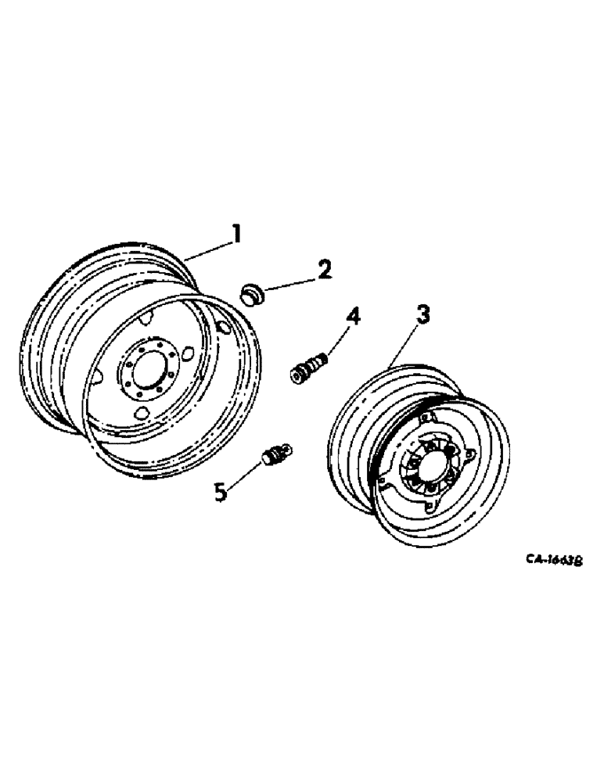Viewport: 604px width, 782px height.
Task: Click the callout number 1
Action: click(x=235, y=232)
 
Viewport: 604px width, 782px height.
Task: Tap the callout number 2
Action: click(x=323, y=270)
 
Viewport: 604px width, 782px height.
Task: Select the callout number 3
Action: click(x=422, y=315)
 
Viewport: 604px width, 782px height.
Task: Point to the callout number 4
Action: click(x=354, y=317)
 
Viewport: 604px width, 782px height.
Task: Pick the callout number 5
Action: click(x=221, y=491)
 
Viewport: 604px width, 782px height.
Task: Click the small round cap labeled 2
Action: click(x=252, y=296)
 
